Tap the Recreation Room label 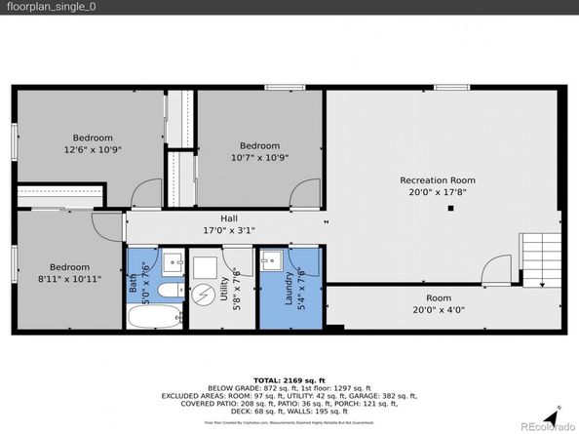tap(437, 179)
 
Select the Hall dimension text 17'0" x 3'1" tap(201, 231)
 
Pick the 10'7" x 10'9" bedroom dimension tap(259, 157)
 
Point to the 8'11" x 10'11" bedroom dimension tap(69, 279)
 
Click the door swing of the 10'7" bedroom tap(308, 193)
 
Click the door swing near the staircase tap(498, 268)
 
